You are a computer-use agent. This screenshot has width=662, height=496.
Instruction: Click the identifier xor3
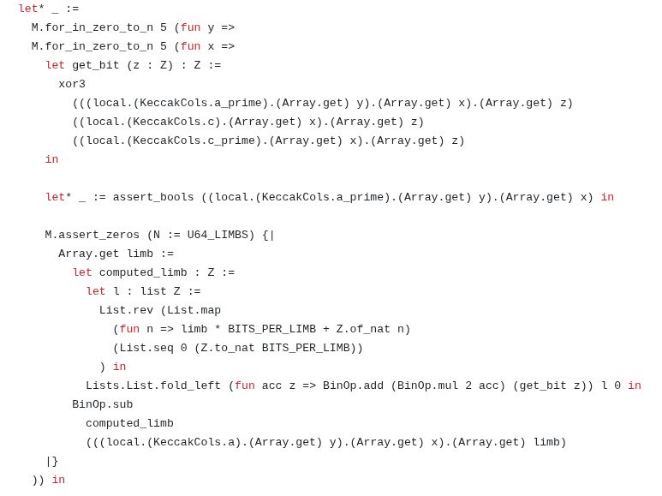click(x=72, y=84)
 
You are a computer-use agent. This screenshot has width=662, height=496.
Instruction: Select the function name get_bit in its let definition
click(x=95, y=65)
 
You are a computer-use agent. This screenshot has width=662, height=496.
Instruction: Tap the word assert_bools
click(x=153, y=197)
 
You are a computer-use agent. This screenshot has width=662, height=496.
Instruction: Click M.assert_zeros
click(x=92, y=235)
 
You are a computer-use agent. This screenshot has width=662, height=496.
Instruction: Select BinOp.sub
click(x=102, y=404)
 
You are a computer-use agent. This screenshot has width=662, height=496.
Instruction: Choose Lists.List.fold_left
click(x=153, y=385)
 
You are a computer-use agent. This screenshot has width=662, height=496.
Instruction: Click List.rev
click(x=126, y=310)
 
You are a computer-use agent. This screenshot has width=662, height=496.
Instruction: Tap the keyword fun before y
click(x=190, y=27)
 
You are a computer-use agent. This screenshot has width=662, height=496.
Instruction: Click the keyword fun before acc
click(x=244, y=385)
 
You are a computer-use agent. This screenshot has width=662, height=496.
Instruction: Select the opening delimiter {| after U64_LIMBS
click(x=268, y=235)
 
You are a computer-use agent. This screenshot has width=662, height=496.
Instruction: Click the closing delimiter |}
click(x=52, y=461)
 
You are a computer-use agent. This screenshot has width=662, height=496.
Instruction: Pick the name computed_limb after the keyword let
click(x=143, y=272)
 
